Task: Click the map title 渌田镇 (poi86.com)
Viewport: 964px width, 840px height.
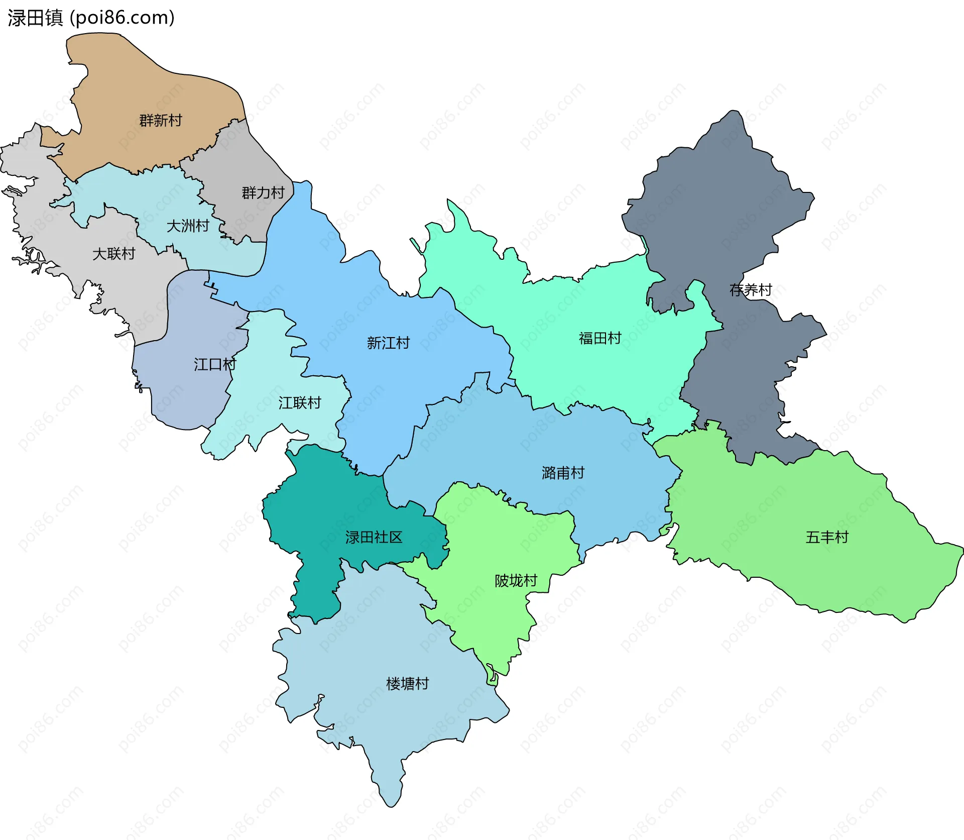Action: [x=91, y=18]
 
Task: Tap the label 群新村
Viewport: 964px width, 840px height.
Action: [x=161, y=121]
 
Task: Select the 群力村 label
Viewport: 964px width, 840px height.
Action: [x=263, y=193]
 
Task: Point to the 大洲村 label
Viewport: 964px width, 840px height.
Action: [x=188, y=226]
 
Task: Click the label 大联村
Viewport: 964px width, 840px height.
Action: [x=114, y=254]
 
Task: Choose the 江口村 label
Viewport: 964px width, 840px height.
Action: [x=215, y=365]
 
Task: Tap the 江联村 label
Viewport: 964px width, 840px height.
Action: [x=300, y=403]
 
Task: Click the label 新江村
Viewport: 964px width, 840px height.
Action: [x=388, y=343]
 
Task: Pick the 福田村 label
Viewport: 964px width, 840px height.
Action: [x=600, y=338]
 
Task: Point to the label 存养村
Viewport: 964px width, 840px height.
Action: [x=751, y=290]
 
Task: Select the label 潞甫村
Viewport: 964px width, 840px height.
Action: [x=563, y=473]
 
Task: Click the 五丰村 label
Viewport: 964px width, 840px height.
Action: [x=827, y=538]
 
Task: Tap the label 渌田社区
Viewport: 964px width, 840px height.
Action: [x=374, y=538]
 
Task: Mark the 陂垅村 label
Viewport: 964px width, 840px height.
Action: [x=516, y=581]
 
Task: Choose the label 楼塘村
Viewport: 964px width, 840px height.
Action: [x=407, y=684]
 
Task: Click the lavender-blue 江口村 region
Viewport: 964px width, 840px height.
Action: [x=191, y=397]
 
